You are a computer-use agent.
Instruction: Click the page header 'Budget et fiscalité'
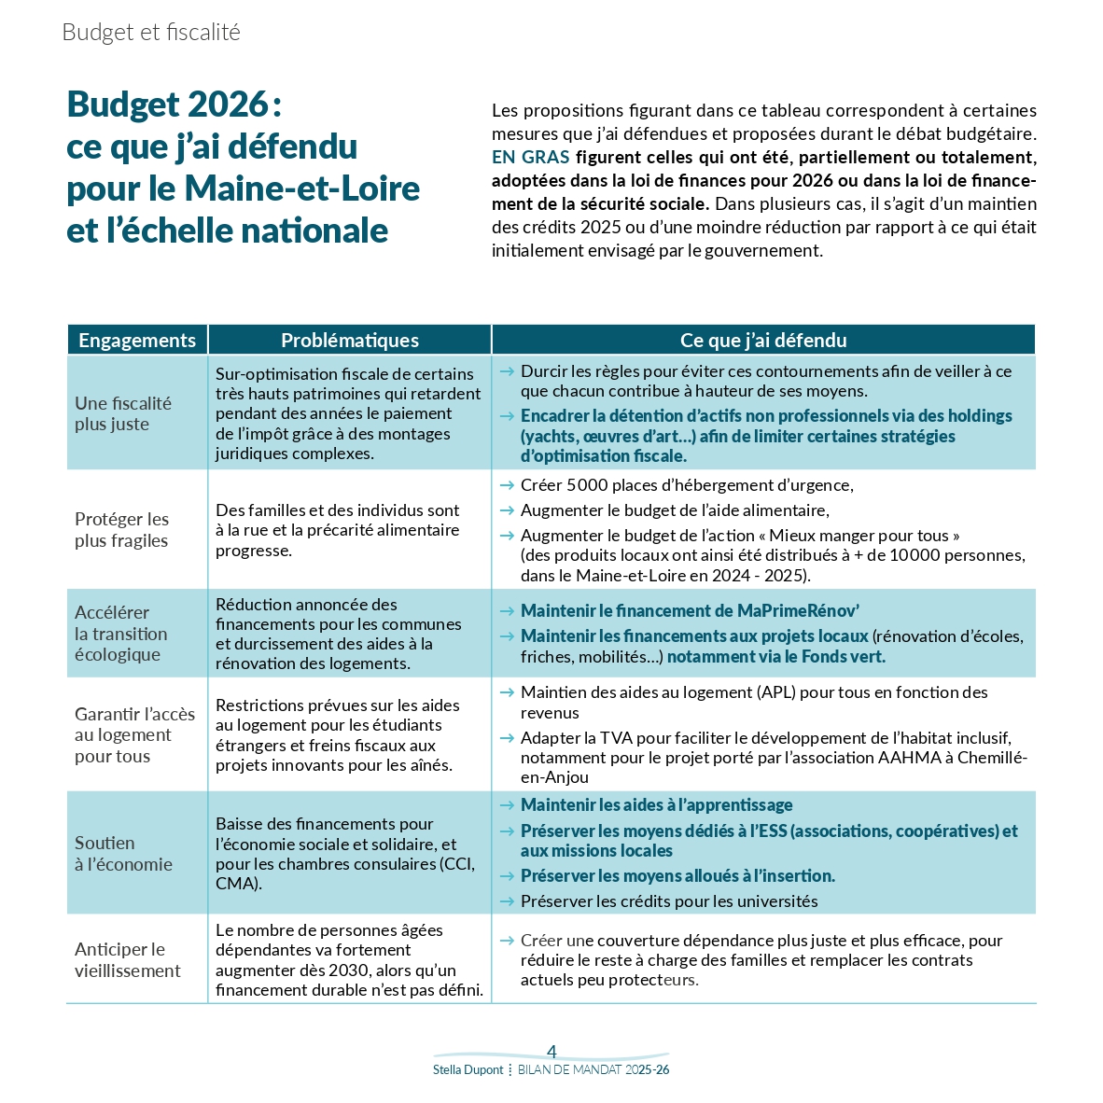pos(151,33)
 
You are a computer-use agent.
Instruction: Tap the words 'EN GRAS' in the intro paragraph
pos(530,157)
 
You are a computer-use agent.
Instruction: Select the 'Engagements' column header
pos(137,341)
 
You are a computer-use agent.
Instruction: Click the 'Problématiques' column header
pos(350,341)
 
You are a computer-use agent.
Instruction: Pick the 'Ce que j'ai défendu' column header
pos(763,341)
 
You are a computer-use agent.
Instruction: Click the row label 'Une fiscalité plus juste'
pos(122,413)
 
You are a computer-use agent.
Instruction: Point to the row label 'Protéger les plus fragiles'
pos(121,529)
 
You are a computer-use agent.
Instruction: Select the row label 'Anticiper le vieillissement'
pos(128,959)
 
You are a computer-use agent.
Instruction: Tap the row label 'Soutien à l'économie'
pos(123,853)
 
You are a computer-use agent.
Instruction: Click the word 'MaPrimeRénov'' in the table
pos(798,611)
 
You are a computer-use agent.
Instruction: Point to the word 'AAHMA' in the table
pos(909,758)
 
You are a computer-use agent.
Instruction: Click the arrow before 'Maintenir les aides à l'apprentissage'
pos(507,805)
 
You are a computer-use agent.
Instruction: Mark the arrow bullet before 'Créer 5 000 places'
pos(507,485)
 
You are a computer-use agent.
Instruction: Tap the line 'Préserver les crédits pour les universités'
pos(668,901)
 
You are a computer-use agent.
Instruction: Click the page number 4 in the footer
pos(551,1052)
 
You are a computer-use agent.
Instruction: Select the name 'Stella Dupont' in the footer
pos(468,1070)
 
